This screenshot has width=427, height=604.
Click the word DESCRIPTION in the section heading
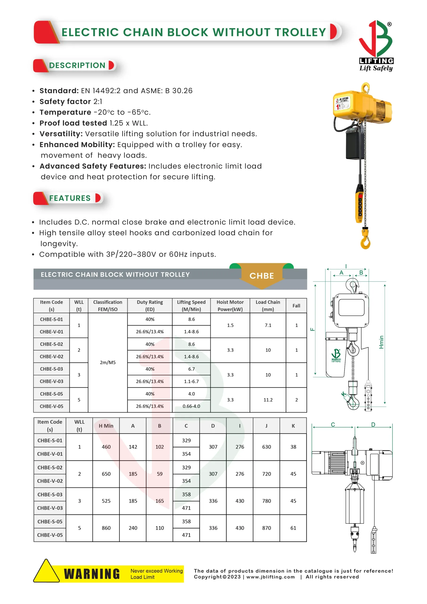(77, 65)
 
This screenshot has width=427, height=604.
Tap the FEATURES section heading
(70, 198)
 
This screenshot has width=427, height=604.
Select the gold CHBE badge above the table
(262, 276)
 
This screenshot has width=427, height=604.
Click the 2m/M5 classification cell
(108, 362)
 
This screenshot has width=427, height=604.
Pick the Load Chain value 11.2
(268, 400)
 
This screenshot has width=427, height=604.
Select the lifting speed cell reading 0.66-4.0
(191, 406)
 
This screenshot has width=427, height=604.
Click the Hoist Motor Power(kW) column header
(230, 306)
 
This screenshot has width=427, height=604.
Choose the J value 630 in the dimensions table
(266, 447)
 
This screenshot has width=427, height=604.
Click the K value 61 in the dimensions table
(293, 528)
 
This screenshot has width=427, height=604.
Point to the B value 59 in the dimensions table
(160, 474)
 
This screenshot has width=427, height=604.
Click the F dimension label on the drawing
(312, 329)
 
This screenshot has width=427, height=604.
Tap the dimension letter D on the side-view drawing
(373, 425)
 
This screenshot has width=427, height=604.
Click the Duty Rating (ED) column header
(150, 306)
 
